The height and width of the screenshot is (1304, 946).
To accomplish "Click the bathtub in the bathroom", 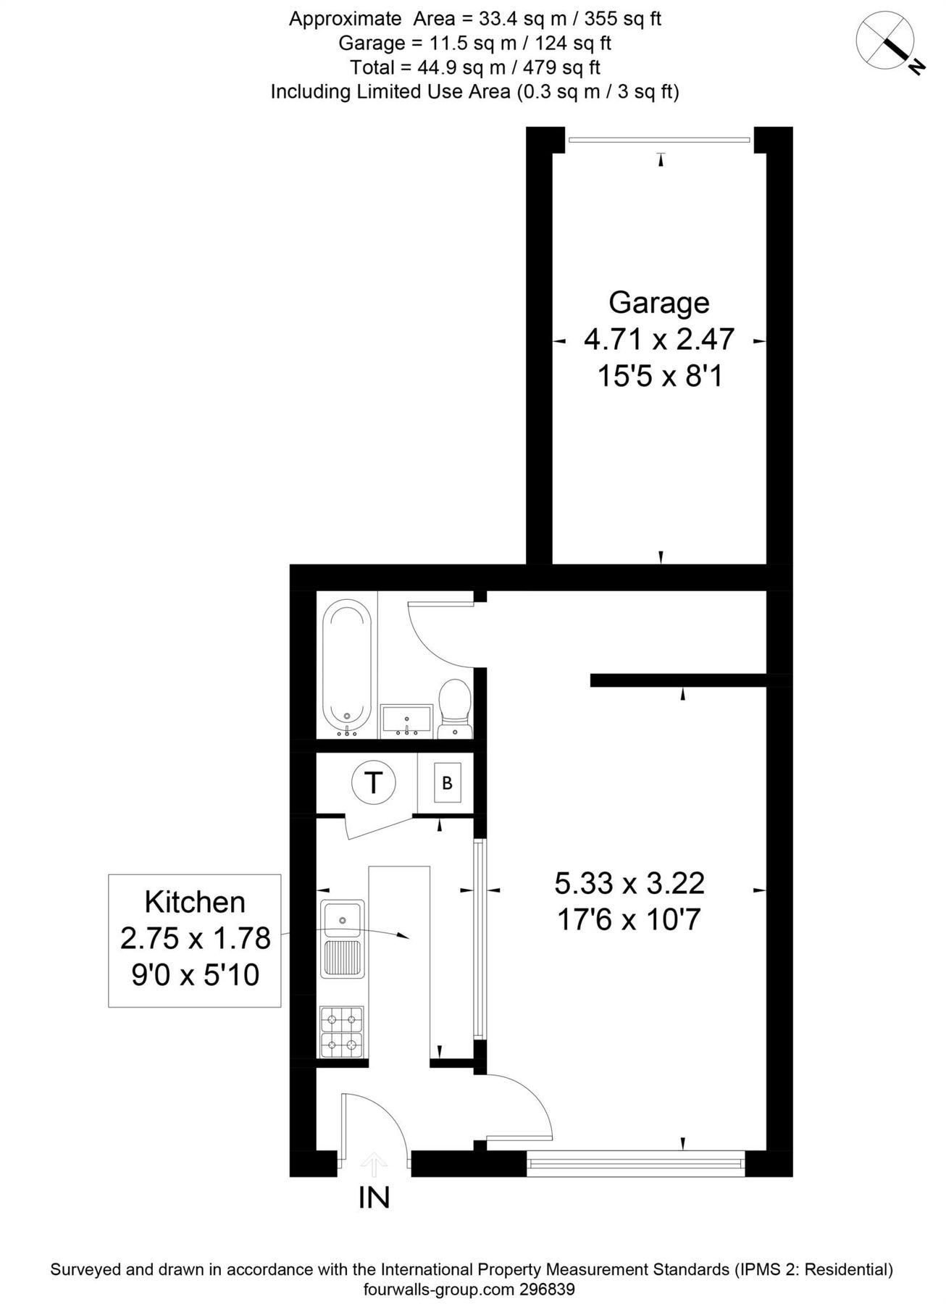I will (x=347, y=664).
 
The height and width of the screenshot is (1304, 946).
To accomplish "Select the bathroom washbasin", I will (x=406, y=721).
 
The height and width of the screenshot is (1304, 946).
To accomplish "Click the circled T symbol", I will (x=373, y=782).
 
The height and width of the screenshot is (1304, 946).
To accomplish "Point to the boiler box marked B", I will (x=448, y=782).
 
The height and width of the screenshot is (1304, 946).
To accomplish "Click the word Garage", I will (x=658, y=303).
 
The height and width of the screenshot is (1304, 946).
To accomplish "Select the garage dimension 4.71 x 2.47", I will (x=658, y=339).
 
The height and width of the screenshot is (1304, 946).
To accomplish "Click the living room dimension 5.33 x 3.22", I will (x=629, y=883).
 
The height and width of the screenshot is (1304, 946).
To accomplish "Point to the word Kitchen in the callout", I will (x=195, y=902).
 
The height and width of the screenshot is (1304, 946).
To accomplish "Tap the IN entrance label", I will (x=374, y=1198).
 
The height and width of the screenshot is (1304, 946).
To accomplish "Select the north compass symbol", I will (x=887, y=42).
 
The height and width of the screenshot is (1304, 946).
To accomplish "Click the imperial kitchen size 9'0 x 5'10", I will (x=195, y=975).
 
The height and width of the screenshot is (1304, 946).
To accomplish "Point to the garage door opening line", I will (x=658, y=140).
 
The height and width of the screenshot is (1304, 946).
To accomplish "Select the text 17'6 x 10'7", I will (x=629, y=920).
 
